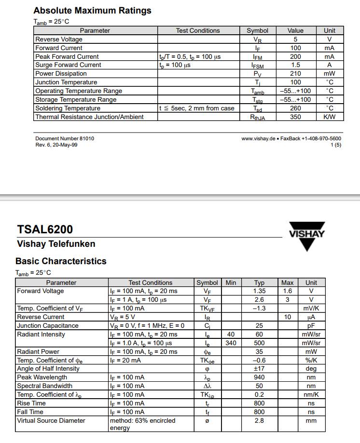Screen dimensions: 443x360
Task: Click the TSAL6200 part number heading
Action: pos(45,229)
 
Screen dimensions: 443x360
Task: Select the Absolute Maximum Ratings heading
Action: pos(92,10)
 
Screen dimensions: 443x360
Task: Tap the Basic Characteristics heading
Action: pos(61,261)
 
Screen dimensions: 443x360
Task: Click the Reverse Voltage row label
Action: pos(59,39)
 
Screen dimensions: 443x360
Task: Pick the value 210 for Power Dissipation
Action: pos(295,74)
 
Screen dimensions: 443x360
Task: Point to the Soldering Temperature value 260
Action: pos(295,108)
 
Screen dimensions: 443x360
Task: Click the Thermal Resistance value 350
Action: pos(295,117)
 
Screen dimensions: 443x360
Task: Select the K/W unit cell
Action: pos(330,117)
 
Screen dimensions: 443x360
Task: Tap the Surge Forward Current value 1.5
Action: pos(295,65)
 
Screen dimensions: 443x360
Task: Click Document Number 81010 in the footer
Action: pos(65,138)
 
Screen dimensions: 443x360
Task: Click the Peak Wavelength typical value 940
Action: pos(259,377)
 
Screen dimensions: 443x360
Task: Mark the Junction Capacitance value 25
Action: pos(259,326)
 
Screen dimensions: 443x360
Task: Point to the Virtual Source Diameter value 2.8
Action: pos(259,421)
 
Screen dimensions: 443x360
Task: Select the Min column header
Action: pos(231,282)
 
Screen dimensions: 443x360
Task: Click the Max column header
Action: pos(287,282)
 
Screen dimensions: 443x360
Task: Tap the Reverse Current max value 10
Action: pos(288,317)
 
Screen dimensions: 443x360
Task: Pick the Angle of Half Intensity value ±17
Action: pos(259,369)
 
